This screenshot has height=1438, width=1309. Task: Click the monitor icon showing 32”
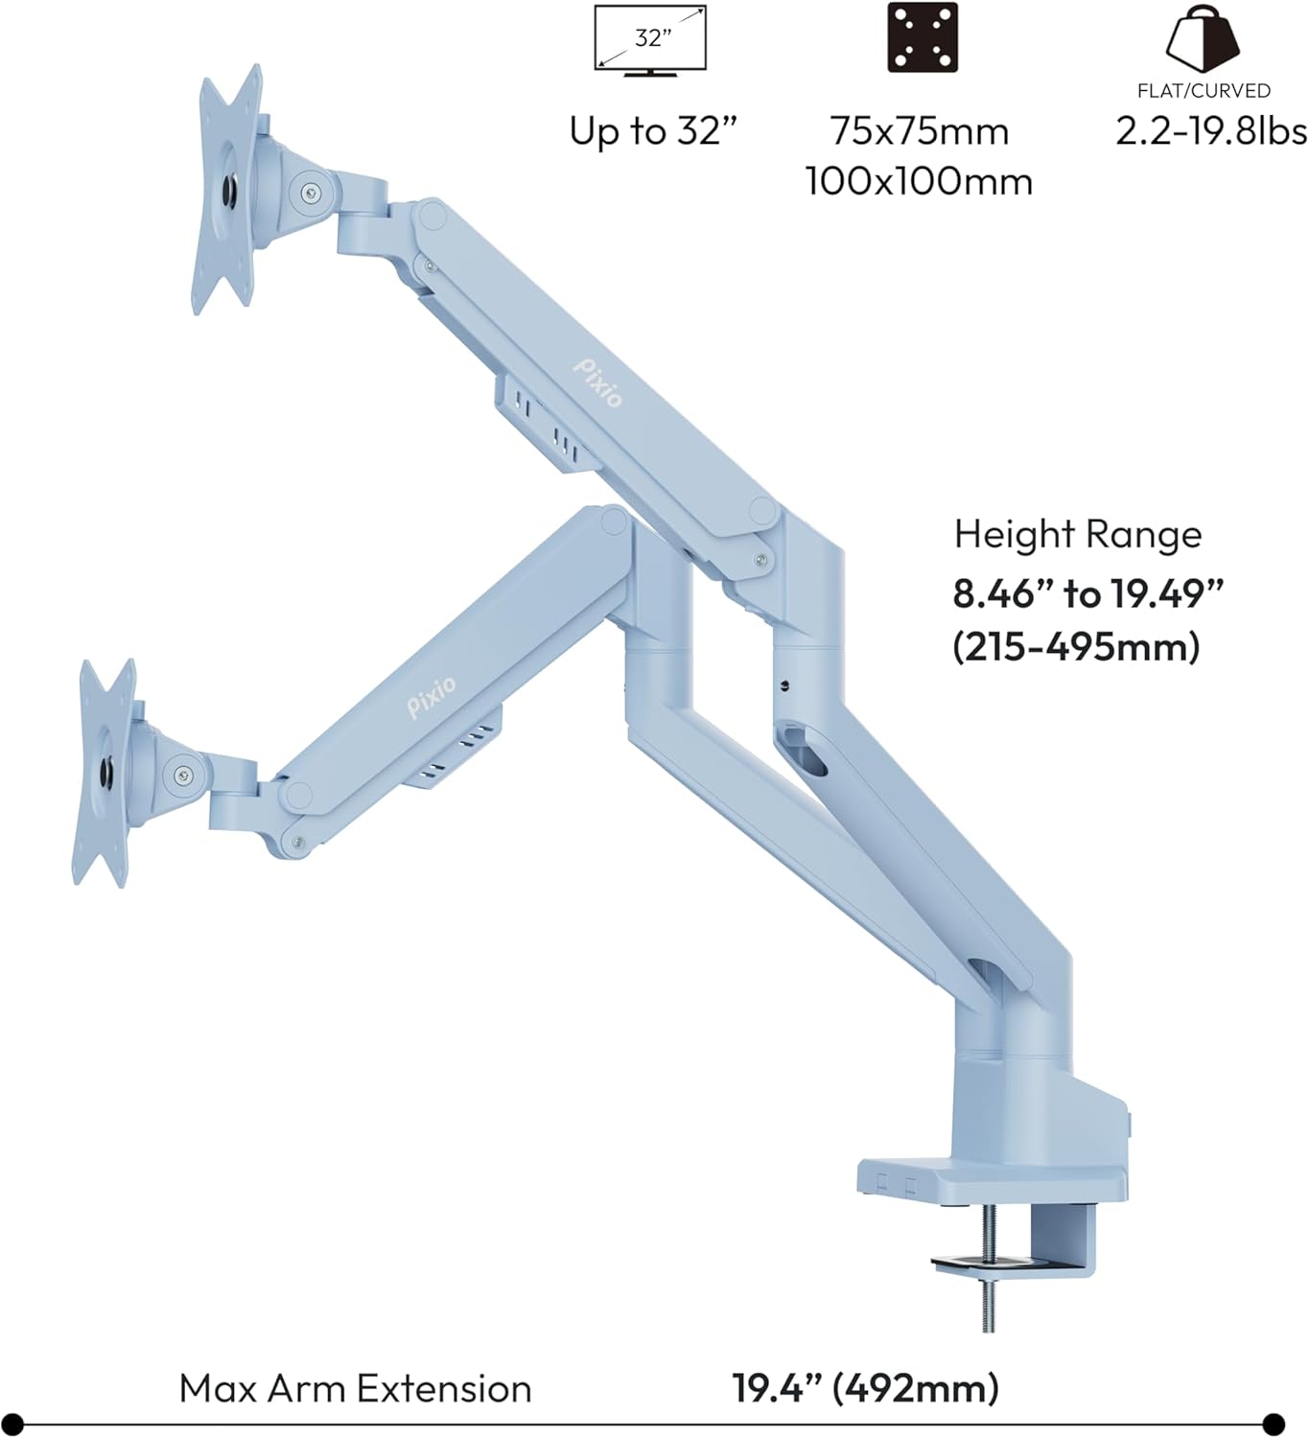tap(650, 40)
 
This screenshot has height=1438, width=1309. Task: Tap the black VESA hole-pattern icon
tap(922, 38)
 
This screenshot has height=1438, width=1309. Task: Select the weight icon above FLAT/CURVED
tap(1203, 38)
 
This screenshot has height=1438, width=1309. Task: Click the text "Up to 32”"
tap(654, 131)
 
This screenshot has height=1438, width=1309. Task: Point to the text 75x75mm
tap(920, 131)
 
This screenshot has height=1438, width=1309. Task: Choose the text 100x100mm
tap(919, 181)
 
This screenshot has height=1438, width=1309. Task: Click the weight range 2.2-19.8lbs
tap(1211, 131)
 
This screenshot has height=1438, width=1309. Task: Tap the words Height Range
tap(1077, 534)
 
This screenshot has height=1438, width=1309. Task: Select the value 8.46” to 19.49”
tap(1088, 594)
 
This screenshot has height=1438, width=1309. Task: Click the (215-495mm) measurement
tap(1076, 647)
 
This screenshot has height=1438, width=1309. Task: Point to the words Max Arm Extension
tap(355, 1388)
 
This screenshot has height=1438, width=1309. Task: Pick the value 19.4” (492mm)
tap(865, 1388)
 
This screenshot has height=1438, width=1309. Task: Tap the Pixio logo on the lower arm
tap(432, 696)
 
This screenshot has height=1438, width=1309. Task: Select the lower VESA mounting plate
tap(105, 772)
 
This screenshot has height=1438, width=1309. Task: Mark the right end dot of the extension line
tap(1274, 1424)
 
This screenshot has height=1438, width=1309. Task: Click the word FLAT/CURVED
tap(1204, 91)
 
